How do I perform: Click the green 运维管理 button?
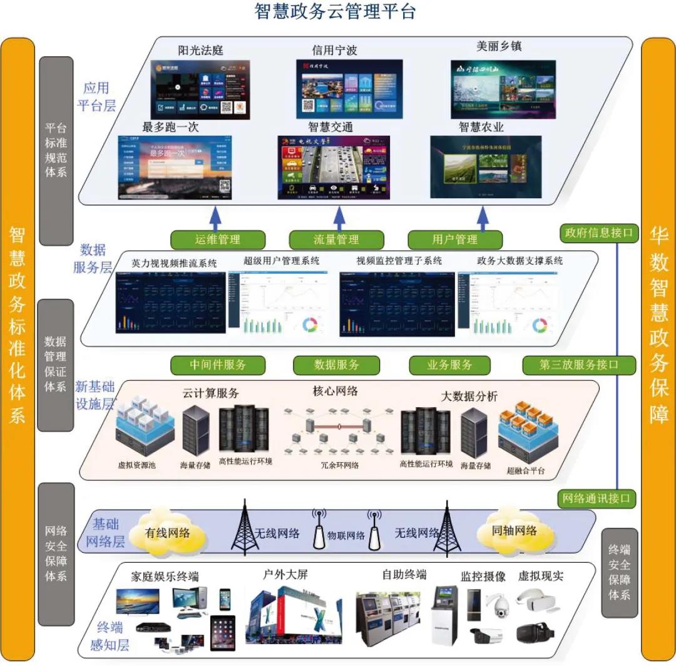tap(217, 240)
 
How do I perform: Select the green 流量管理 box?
tap(336, 240)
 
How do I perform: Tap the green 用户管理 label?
tap(455, 240)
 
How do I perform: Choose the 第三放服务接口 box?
tap(579, 365)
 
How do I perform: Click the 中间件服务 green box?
tap(218, 365)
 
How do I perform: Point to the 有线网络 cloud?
tap(167, 533)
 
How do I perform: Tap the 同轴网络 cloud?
tap(514, 532)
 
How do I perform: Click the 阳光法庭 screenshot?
tap(200, 89)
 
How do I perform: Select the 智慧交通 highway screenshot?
tap(334, 167)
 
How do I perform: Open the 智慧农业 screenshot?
tap(485, 166)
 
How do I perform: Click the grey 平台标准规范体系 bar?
tap(56, 151)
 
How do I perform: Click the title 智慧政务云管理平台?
tap(335, 11)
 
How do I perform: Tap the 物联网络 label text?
tap(346, 535)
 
